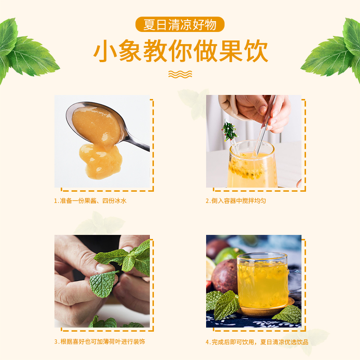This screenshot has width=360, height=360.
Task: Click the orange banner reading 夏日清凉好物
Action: (x=180, y=24)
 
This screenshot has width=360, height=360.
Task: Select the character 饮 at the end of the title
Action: (x=256, y=51)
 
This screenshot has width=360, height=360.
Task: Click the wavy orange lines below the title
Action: (x=180, y=74)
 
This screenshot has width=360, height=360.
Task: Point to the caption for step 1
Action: (x=90, y=201)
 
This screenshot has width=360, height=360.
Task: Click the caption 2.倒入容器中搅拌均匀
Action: (x=236, y=201)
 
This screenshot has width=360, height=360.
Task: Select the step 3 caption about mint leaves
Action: (x=99, y=342)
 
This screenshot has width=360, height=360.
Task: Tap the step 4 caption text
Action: (x=257, y=342)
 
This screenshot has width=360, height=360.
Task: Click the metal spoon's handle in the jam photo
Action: (x=137, y=142)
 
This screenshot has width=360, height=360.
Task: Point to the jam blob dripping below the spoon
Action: (x=100, y=161)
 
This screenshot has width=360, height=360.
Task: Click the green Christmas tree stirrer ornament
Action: (x=229, y=131)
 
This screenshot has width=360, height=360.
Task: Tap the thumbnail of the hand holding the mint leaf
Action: (x=102, y=281)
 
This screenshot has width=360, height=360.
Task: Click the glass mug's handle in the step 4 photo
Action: (x=295, y=282)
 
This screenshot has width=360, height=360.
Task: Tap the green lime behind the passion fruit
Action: (x=227, y=255)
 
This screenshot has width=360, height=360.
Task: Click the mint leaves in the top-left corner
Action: (x=25, y=51)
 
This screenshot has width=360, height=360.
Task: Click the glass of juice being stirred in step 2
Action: (x=252, y=164)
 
